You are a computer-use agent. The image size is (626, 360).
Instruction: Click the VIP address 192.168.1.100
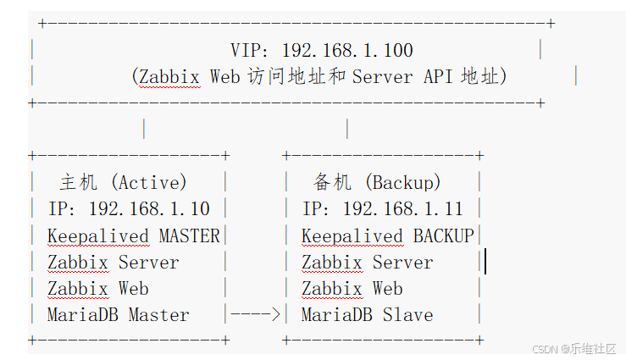click(347, 51)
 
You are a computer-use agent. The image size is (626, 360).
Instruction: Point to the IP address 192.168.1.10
click(149, 209)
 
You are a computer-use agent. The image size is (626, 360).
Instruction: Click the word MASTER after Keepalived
click(189, 236)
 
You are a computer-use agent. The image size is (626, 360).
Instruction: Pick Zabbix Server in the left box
click(113, 263)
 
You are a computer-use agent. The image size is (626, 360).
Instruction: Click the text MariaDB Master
click(118, 315)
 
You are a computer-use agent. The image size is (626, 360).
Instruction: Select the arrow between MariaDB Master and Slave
click(255, 315)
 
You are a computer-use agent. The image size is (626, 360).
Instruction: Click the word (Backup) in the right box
click(403, 182)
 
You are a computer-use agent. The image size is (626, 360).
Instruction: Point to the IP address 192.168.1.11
click(403, 209)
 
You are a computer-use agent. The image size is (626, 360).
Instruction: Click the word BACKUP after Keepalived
click(443, 236)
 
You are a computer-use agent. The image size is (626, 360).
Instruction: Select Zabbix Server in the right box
click(367, 263)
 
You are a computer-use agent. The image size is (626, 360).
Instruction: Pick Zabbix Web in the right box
click(352, 289)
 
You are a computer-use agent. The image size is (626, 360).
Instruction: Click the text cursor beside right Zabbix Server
click(485, 262)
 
